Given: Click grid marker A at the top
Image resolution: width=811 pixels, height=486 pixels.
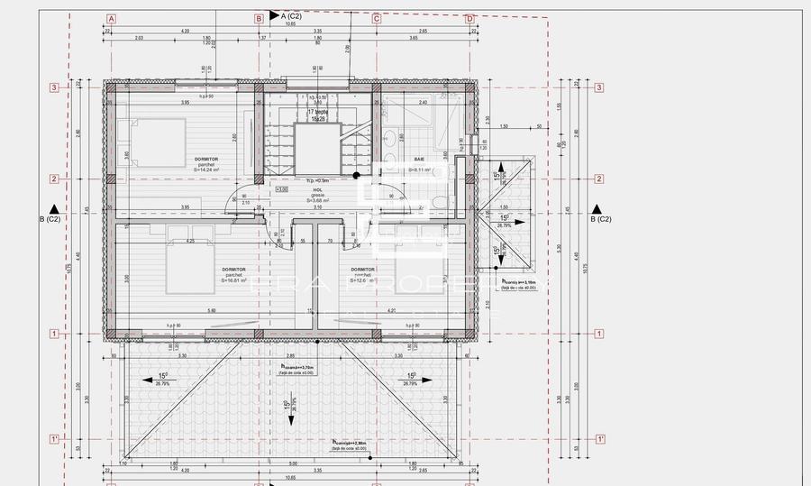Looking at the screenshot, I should pyautogui.click(x=111, y=18).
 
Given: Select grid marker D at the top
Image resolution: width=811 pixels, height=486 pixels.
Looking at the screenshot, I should pyautogui.click(x=469, y=18).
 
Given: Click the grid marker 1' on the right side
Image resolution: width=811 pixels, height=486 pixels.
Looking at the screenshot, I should pyautogui.click(x=600, y=439).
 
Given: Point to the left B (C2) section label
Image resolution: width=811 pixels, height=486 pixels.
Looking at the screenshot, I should pyautogui.click(x=50, y=219).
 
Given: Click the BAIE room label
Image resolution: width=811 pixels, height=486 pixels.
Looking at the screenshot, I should pyautogui.click(x=420, y=159).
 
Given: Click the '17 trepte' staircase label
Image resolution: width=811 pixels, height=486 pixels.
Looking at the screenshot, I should pyautogui.click(x=317, y=112).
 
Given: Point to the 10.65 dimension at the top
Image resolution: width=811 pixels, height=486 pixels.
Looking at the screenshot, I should pyautogui.click(x=291, y=24).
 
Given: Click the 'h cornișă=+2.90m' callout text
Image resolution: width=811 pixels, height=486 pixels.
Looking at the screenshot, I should pyautogui.click(x=349, y=443).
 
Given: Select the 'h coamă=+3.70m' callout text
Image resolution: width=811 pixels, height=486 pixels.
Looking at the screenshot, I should pyautogui.click(x=297, y=367).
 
